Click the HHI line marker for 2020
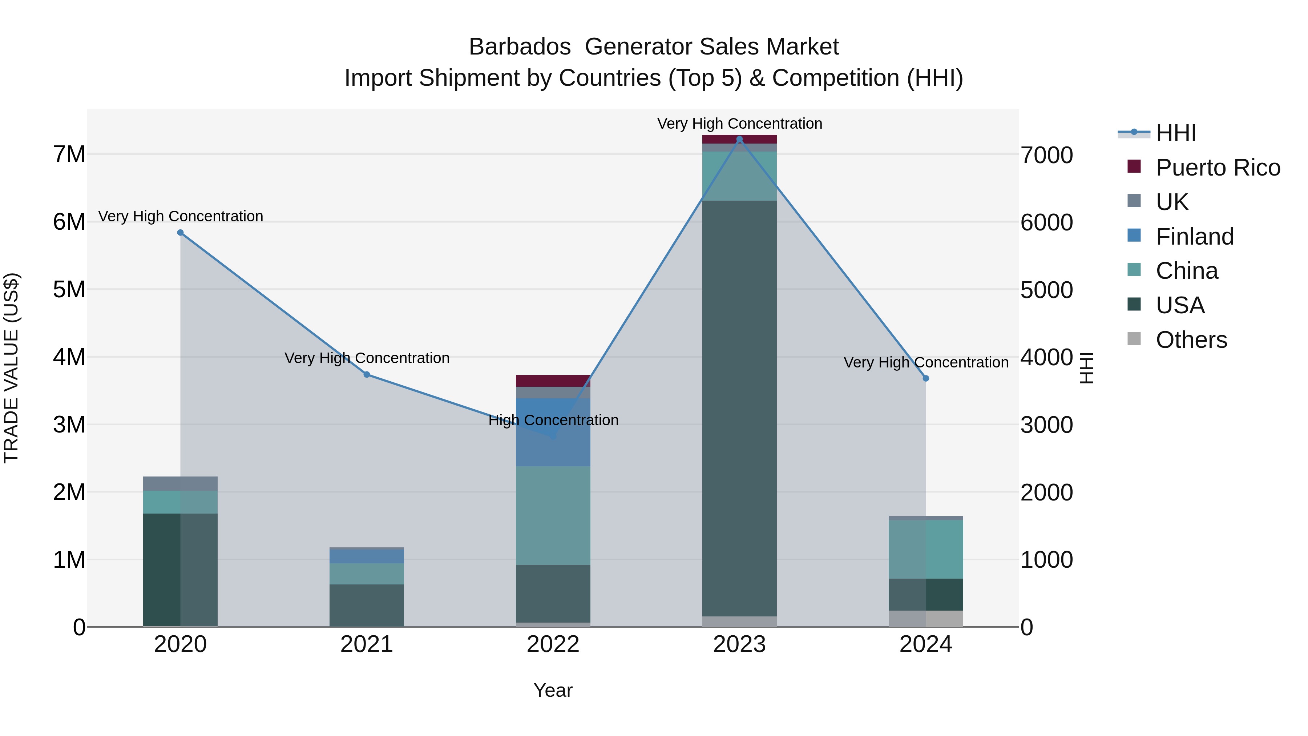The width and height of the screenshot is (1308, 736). (x=180, y=233)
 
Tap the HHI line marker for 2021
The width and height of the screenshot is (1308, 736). (x=367, y=374)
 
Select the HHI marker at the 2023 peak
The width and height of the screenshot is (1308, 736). (x=739, y=139)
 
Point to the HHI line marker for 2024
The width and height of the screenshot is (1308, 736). (x=926, y=378)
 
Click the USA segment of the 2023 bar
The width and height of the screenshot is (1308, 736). (x=739, y=406)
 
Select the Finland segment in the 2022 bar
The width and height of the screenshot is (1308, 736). (x=553, y=432)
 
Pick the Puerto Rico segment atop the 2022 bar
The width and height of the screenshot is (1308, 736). (x=553, y=381)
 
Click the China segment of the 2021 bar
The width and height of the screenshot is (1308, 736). (x=367, y=574)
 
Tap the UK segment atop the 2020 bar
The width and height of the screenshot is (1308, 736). (x=180, y=483)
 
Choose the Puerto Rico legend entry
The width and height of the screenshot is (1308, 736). (x=1218, y=168)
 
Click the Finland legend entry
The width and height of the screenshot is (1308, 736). (x=1194, y=237)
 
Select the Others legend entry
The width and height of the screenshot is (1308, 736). (x=1191, y=340)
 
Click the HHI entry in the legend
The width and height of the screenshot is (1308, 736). (x=1175, y=133)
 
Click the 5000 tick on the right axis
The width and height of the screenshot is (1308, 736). (x=1046, y=290)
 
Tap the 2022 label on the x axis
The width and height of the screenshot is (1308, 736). (x=553, y=644)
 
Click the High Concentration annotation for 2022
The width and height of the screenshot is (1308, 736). (x=553, y=420)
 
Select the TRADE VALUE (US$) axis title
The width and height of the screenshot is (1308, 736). (x=12, y=368)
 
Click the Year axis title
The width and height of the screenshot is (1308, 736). (x=553, y=690)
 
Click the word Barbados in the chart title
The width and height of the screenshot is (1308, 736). (x=520, y=47)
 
